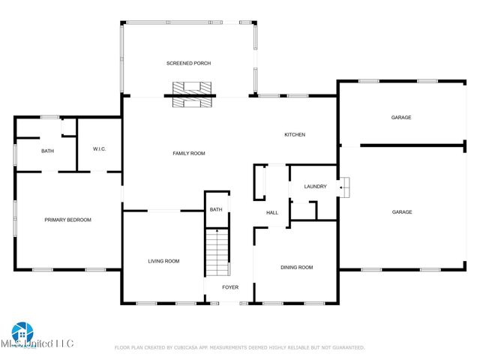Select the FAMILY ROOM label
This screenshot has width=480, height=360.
tap(188, 153)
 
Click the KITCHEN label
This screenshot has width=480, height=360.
tap(294, 135)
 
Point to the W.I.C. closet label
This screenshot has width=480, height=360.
tap(99, 148)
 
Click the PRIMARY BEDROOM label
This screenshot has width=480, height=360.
tap(67, 220)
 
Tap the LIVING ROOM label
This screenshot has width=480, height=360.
tap(163, 261)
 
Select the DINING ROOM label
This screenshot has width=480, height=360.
tap(296, 267)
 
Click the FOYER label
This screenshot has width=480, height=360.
tap(230, 287)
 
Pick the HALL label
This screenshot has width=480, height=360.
tap(272, 212)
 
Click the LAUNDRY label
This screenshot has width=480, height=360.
tap(315, 186)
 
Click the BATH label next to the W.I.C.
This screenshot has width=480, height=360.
tap(47, 151)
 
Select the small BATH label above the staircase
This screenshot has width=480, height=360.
tap(216, 209)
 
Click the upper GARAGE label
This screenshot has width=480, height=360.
tap(401, 117)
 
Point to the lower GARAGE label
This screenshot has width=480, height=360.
tap(402, 212)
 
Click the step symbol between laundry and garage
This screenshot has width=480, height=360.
tap(343, 187)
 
